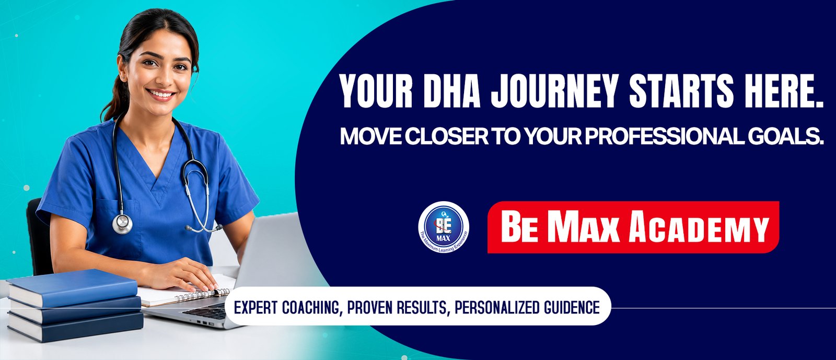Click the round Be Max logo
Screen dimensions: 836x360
click(444, 227)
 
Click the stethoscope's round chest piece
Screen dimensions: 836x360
click(122, 224)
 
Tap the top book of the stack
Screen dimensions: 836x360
click(73, 287)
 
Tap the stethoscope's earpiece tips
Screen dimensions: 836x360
click(204, 228)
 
